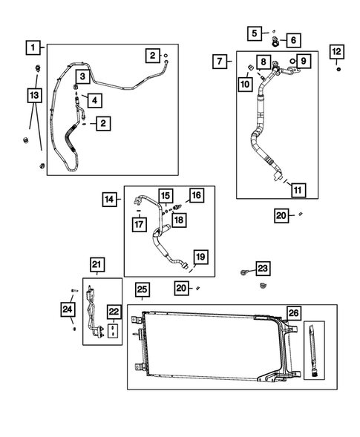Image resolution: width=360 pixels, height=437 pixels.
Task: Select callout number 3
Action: pos(82,76)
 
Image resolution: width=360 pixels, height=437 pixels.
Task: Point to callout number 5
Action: pos(255,33)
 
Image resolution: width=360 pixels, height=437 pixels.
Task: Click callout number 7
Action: pos(220,61)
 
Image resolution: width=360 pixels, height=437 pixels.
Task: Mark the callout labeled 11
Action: pos(297,188)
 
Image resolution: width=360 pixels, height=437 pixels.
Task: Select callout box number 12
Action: pos(337,51)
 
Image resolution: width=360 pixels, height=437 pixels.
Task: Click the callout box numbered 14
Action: pos(109,198)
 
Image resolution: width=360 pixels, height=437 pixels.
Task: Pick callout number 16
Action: pos(196,195)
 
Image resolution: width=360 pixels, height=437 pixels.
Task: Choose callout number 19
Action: pos(200,257)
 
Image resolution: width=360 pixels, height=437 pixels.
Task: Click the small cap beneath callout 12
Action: pos(338,70)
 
